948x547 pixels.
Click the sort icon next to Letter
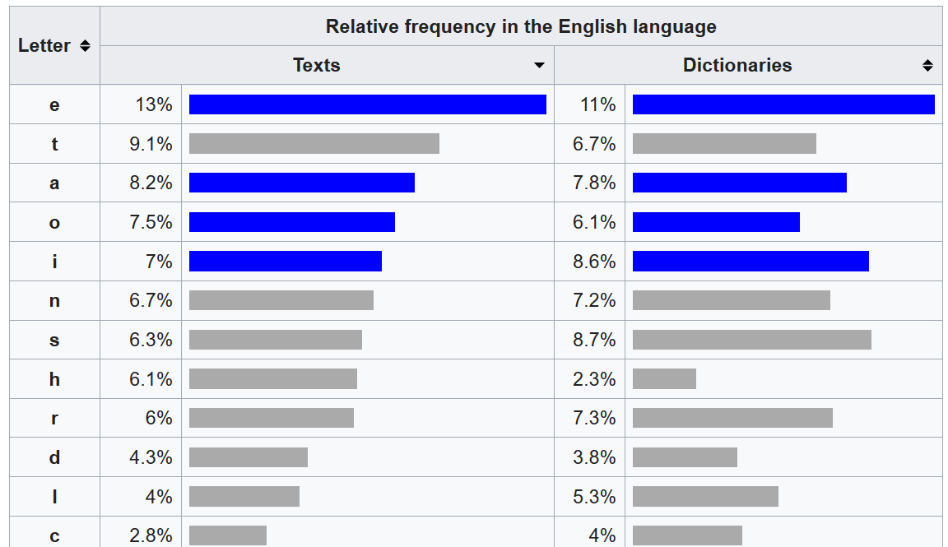coord(85,46)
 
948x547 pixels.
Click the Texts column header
coord(316,65)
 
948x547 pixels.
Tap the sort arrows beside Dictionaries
coord(927,66)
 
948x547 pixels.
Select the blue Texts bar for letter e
coord(367,104)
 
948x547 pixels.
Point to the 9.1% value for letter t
coord(151,144)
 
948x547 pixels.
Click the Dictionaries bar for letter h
coord(664,379)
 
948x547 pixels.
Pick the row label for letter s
coord(54,340)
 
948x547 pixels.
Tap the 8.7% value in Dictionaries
coord(594,340)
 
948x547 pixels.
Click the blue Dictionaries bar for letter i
coord(750,262)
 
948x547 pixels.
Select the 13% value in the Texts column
coord(154,104)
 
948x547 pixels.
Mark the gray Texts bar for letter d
coord(249,457)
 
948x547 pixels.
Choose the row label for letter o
coord(54,222)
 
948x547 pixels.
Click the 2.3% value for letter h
coord(594,379)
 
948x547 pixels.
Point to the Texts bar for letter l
coord(244,497)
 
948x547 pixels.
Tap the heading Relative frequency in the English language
coord(521,26)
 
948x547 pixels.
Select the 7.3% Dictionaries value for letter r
coord(594,418)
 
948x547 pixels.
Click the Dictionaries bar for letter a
coord(739,183)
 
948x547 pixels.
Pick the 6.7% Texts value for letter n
coord(151,300)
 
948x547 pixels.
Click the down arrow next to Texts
coord(539,66)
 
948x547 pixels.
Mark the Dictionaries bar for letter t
coord(724,144)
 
